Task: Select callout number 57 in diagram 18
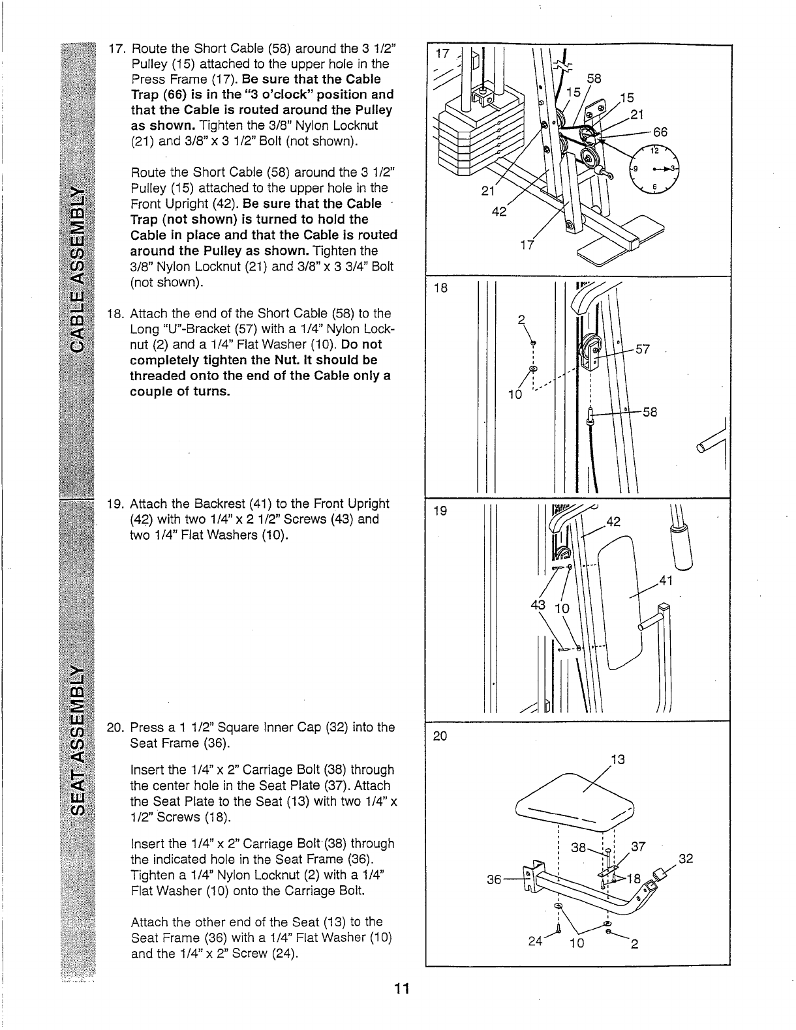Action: [x=643, y=349]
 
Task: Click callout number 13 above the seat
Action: [x=617, y=759]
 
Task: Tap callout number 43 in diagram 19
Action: [x=539, y=605]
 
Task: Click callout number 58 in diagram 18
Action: [x=649, y=412]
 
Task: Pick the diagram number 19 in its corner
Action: [x=440, y=512]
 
